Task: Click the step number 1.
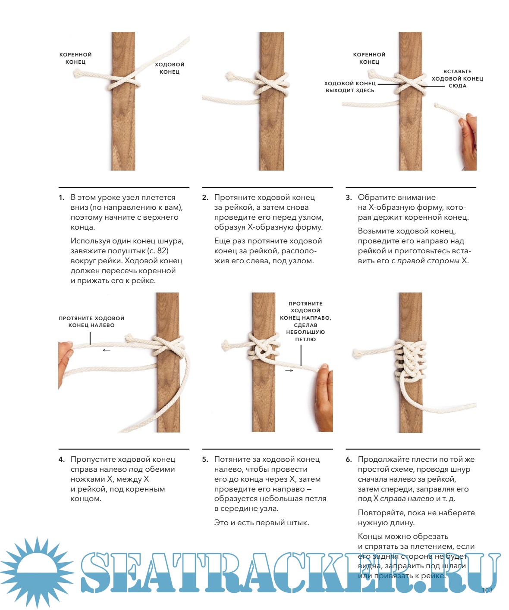pos(61,198)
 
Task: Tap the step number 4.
pos(61,460)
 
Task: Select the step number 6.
pos(349,460)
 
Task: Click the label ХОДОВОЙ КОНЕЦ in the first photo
pos(170,68)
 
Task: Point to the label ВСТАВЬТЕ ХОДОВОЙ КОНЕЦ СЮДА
pos(457,78)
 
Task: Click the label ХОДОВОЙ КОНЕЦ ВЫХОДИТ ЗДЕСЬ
pos(350,87)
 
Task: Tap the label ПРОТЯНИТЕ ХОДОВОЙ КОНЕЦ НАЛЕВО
pos(91,321)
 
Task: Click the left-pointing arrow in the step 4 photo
pos(107,350)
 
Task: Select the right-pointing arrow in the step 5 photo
pos(289,370)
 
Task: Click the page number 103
pos(487,590)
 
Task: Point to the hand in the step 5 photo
pos(323,397)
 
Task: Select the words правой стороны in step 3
pos(428,261)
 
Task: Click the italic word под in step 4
pos(136,470)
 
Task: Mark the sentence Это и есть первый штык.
pos(261,523)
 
